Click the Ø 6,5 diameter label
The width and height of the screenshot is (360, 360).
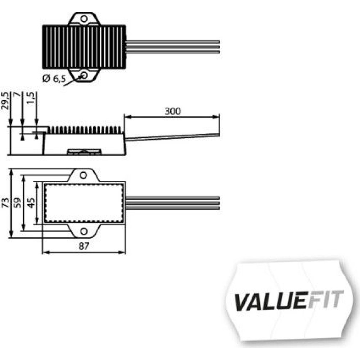tap(54, 79)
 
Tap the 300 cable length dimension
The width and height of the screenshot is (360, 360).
tap(173, 111)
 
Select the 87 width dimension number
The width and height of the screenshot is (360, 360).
tap(84, 246)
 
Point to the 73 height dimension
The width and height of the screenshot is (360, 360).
tap(5, 203)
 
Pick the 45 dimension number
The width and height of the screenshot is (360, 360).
tap(31, 203)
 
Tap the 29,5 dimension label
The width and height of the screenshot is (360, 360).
tap(5, 100)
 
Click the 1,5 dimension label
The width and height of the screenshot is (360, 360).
tap(31, 98)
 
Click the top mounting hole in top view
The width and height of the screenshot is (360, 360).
tap(84, 19)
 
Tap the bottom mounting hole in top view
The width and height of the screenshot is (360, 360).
tap(84, 75)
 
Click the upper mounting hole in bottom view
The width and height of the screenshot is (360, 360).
tap(84, 175)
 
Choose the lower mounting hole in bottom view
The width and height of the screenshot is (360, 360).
tap(84, 231)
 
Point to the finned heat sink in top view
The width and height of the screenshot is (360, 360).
tap(84, 47)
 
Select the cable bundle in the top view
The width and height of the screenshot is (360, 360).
tap(173, 46)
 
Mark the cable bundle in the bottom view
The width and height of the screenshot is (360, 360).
tap(173, 203)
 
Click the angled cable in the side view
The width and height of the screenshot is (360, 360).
tap(172, 136)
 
